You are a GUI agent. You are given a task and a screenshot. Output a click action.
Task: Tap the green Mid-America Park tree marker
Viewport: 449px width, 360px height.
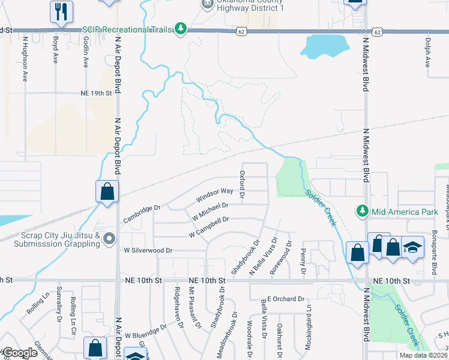(x=362, y=211)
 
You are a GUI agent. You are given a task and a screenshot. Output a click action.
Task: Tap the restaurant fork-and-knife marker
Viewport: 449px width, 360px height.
(x=61, y=11)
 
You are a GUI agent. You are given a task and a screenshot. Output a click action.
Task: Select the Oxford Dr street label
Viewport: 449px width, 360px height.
(x=243, y=184)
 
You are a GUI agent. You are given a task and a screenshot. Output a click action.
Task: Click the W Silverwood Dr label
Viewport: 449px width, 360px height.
(x=148, y=250)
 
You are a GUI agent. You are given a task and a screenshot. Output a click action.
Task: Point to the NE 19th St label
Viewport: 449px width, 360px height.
(x=96, y=93)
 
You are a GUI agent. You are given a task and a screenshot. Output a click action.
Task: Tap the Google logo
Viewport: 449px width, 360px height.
(x=20, y=353)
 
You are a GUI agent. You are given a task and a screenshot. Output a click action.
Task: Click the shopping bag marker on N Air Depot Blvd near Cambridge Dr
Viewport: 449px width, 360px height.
(x=107, y=192)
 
